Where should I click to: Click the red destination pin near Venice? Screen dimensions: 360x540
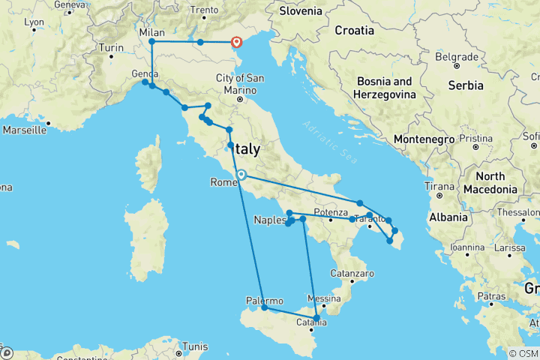pos(236,43)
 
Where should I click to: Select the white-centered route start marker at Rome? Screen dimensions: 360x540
pos(241,175)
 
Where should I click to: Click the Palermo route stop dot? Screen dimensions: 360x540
pos(265,307)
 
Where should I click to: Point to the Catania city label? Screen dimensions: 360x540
pos(311,323)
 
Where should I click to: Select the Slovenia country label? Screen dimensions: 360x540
pos(301,11)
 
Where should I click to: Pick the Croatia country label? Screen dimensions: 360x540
pos(354,31)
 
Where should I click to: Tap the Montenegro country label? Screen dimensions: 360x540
pos(424,139)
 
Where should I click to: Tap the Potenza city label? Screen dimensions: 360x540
pos(330,211)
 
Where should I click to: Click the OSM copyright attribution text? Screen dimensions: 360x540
pos(523,354)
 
